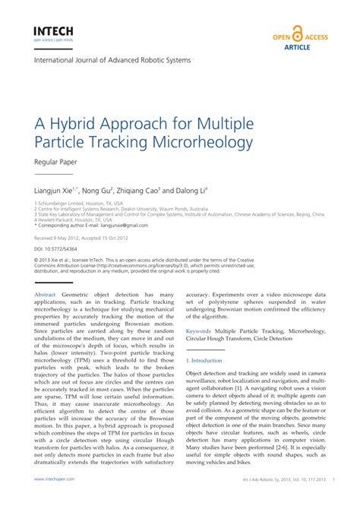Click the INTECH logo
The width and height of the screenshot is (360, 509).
pos(52,32)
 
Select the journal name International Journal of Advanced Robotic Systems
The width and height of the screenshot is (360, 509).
pos(112,60)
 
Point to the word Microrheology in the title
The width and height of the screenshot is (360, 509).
pos(206,141)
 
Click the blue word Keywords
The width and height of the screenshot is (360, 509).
pos(198,331)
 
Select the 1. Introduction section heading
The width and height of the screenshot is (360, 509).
pos(204,360)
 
